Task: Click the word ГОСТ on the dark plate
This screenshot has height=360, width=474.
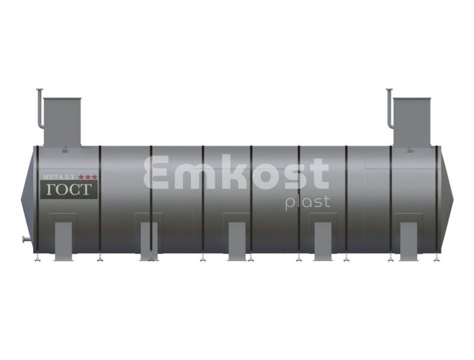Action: (68, 189)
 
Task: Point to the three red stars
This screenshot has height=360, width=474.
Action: (87, 177)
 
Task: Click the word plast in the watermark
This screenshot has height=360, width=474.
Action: (307, 202)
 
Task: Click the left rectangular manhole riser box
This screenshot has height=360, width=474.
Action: (62, 122)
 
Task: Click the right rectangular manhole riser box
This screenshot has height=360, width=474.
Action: (412, 122)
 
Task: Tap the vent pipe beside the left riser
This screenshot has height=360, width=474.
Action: (39, 109)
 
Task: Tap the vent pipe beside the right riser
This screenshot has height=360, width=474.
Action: (389, 109)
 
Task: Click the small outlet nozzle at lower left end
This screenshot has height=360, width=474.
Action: (27, 240)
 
